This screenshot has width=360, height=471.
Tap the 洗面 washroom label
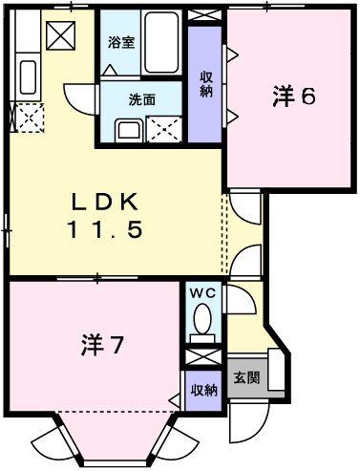[142, 98]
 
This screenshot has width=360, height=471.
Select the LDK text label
[106, 203]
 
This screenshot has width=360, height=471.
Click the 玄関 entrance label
[246, 377]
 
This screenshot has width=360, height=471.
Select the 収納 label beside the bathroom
[205, 84]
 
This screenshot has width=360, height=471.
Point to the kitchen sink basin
[28, 77]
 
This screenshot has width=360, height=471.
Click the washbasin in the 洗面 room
[128, 130]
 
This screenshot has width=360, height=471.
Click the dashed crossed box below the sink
[29, 119]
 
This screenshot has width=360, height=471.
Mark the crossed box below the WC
[201, 357]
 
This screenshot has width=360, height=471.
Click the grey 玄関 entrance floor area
[246, 377]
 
